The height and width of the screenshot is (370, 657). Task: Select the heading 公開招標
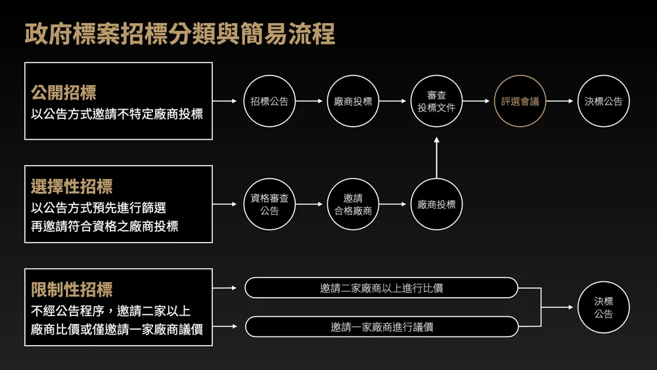(x=64, y=92)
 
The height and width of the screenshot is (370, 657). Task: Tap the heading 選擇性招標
(x=72, y=187)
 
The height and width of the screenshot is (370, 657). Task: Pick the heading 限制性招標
(x=72, y=289)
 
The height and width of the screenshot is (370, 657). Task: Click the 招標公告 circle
(x=269, y=102)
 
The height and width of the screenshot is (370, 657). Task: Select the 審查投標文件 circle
(x=436, y=102)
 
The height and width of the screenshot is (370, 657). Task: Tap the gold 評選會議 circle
(x=520, y=102)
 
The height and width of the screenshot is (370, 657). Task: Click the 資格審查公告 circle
(x=269, y=204)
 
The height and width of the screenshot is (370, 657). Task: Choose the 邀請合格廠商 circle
(x=353, y=204)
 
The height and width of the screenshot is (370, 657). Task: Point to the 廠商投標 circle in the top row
(x=353, y=102)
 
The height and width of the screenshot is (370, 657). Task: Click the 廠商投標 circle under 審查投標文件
(x=436, y=204)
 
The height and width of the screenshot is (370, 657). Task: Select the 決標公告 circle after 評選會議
(x=603, y=102)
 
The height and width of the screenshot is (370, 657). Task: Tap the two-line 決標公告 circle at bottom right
(x=603, y=308)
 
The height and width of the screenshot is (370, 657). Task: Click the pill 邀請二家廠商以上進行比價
(x=381, y=288)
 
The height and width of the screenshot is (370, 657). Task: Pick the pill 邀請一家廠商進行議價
(x=381, y=327)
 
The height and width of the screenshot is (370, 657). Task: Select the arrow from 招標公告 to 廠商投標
(x=311, y=102)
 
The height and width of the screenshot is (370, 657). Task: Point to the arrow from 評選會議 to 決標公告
(x=561, y=102)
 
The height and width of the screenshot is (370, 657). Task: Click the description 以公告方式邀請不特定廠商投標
(x=117, y=114)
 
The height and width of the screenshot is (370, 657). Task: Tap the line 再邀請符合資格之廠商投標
(x=104, y=227)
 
